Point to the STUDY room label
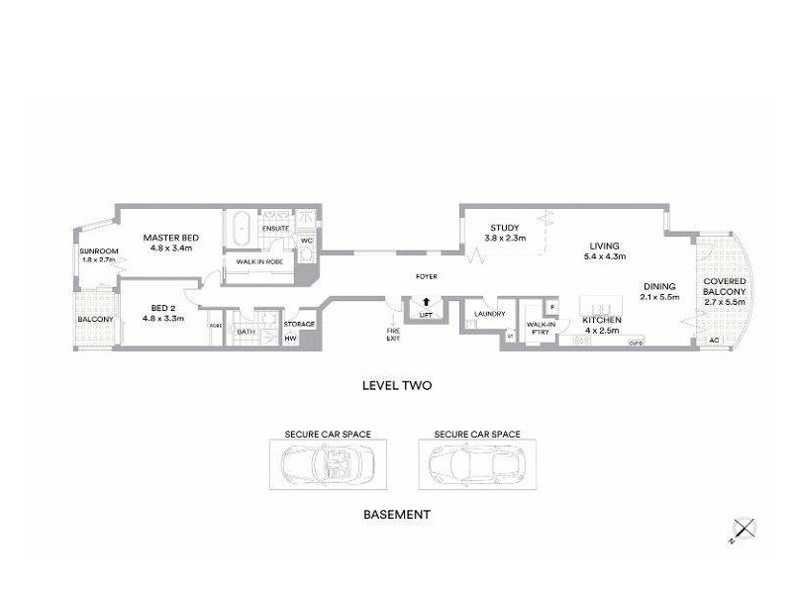pyautogui.click(x=504, y=227)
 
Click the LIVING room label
pyautogui.click(x=603, y=247)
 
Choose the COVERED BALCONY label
pyautogui.click(x=725, y=286)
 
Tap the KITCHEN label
pyautogui.click(x=602, y=321)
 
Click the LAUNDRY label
pyautogui.click(x=489, y=315)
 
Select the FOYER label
pyautogui.click(x=426, y=276)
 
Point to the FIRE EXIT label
pyautogui.click(x=394, y=334)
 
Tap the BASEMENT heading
pyautogui.click(x=396, y=515)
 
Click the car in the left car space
pyautogui.click(x=328, y=462)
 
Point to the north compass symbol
pyautogui.click(x=742, y=529)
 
